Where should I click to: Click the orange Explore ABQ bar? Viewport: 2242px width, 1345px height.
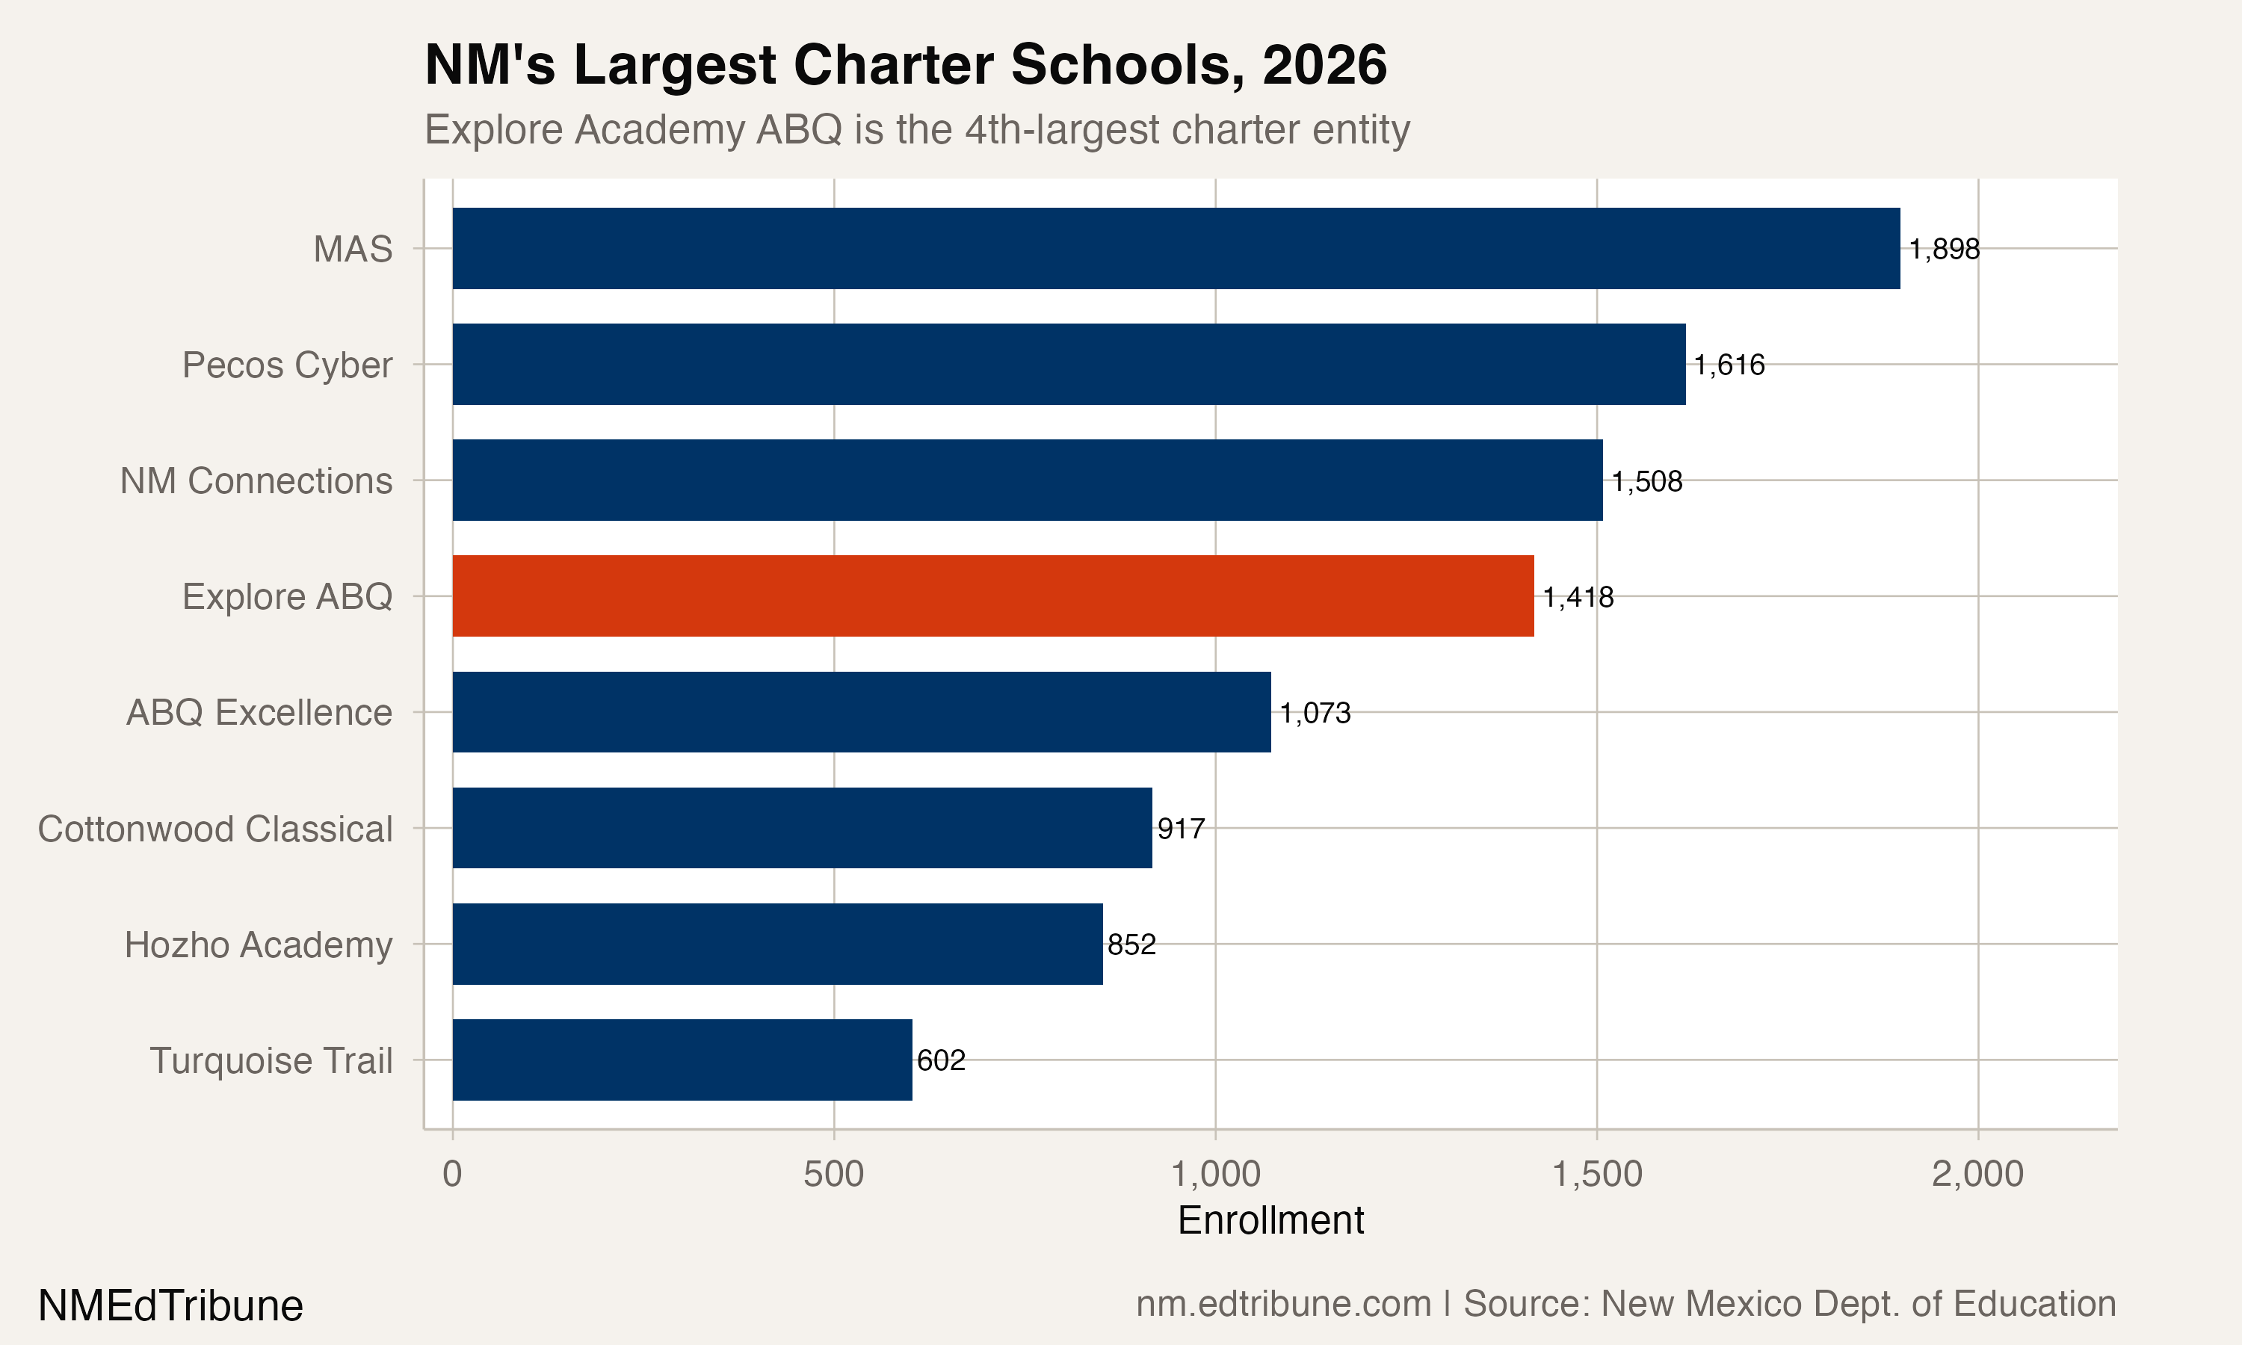tap(992, 596)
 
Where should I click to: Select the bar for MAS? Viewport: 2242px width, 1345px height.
tap(1176, 248)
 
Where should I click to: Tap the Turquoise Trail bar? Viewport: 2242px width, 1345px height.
tap(682, 1060)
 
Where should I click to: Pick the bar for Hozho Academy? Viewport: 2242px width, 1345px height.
tap(776, 944)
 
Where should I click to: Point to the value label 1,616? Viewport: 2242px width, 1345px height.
tap(1729, 365)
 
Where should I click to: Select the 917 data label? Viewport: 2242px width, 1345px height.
tap(1181, 829)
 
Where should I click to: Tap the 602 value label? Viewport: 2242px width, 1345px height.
tap(941, 1060)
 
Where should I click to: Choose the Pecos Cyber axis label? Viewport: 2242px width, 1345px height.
tap(286, 365)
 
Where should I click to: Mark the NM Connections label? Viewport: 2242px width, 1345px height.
tap(256, 480)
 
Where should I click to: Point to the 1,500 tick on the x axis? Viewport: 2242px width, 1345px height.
tap(1597, 1174)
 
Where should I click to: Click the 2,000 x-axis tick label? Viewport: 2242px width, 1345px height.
tap(1977, 1174)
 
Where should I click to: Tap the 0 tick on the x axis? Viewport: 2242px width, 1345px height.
tap(452, 1174)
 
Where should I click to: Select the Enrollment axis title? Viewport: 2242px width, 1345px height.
tap(1270, 1220)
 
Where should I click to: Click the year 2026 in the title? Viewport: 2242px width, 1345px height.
tap(1324, 65)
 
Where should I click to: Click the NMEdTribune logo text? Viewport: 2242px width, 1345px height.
tap(170, 1305)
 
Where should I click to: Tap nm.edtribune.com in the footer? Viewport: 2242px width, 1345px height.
tap(1283, 1303)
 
